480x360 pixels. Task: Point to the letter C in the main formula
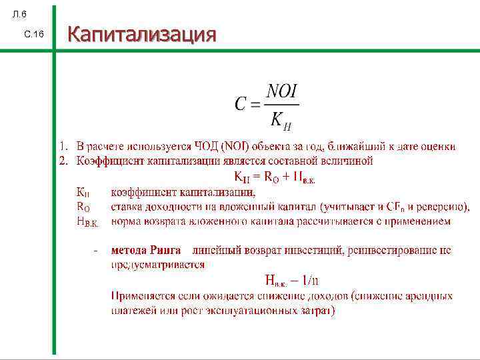241,104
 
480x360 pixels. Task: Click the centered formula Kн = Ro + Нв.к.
275,177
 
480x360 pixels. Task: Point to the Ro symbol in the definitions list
83,207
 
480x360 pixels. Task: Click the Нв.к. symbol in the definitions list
87,222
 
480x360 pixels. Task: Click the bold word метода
129,251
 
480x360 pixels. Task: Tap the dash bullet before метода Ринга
97,251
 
